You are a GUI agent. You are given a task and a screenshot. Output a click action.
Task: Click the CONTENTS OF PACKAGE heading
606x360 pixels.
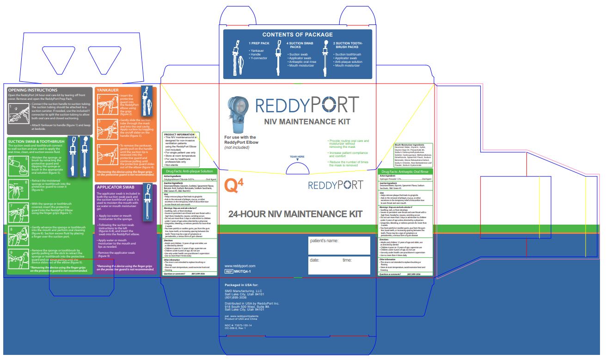point(297,35)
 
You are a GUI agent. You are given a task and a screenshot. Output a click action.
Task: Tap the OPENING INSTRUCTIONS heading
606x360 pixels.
point(33,90)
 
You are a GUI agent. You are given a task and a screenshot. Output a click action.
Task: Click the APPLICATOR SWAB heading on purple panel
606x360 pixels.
point(116,187)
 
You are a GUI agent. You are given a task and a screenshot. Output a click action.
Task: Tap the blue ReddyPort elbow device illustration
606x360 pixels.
point(239,115)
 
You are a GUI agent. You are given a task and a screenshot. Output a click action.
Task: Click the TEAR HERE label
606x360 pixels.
point(297,157)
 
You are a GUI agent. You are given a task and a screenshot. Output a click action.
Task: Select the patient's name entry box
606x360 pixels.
point(339,245)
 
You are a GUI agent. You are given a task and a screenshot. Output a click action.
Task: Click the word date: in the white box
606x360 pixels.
point(314,260)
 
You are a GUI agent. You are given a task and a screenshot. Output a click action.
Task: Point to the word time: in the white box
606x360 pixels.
point(347,260)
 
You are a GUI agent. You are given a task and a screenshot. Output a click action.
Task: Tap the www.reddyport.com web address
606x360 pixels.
point(239,266)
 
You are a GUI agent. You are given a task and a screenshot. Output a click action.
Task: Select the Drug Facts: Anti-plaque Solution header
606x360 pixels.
point(189,171)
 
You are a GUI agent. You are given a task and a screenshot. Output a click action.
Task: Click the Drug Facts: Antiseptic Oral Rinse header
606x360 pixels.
point(405,172)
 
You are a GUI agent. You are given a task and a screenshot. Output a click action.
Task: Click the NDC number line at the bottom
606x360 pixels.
point(238,325)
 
